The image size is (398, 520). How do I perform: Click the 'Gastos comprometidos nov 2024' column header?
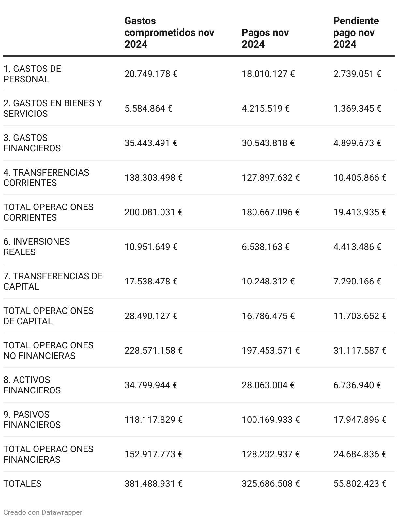[x=169, y=33]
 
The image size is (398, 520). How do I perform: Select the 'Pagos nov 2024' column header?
[x=265, y=38]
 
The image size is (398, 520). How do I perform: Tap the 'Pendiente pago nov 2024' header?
[x=356, y=33]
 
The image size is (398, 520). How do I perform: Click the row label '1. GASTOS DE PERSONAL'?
[x=32, y=74]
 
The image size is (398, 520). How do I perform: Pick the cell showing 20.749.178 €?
[x=151, y=74]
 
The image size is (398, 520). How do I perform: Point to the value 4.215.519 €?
[x=265, y=109]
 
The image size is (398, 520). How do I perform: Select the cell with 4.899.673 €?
[x=357, y=143]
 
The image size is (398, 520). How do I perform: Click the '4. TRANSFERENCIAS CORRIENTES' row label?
[x=46, y=178]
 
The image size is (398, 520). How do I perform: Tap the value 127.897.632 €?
[x=270, y=178]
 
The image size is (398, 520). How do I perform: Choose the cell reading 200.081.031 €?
[x=153, y=212]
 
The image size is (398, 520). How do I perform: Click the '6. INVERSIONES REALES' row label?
[x=37, y=247]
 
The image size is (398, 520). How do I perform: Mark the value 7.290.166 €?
[x=357, y=282]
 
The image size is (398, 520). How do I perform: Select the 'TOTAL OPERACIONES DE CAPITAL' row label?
[x=48, y=316]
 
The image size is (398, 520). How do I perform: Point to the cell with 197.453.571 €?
[x=270, y=351]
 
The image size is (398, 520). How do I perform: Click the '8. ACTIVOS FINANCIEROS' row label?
[x=32, y=385]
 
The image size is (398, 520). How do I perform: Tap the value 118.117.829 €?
[x=153, y=420]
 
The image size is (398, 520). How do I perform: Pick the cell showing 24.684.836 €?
[x=360, y=454]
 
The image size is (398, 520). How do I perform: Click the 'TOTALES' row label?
[x=22, y=484]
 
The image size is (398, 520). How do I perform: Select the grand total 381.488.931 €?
[x=153, y=484]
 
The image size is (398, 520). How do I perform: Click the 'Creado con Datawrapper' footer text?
[x=43, y=512]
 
